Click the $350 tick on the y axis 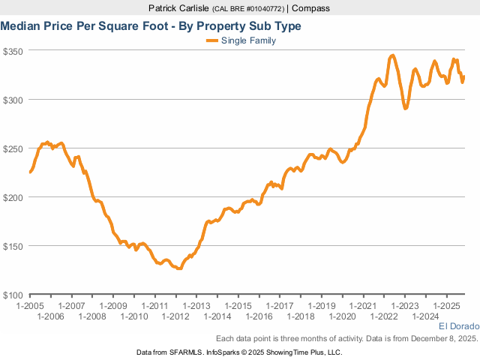pos(14,51)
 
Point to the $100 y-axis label pos(14,295)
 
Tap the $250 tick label pos(14,148)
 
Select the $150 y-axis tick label pos(14,246)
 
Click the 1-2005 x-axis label pos(30,306)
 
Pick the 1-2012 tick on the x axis pos(175,316)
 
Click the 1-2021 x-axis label pos(361,306)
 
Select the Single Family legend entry pos(248,40)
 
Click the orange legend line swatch pos(211,40)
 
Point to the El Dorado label pos(458,327)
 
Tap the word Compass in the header pos(310,8)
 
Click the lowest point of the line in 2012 pos(179,268)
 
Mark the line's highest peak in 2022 pos(392,55)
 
